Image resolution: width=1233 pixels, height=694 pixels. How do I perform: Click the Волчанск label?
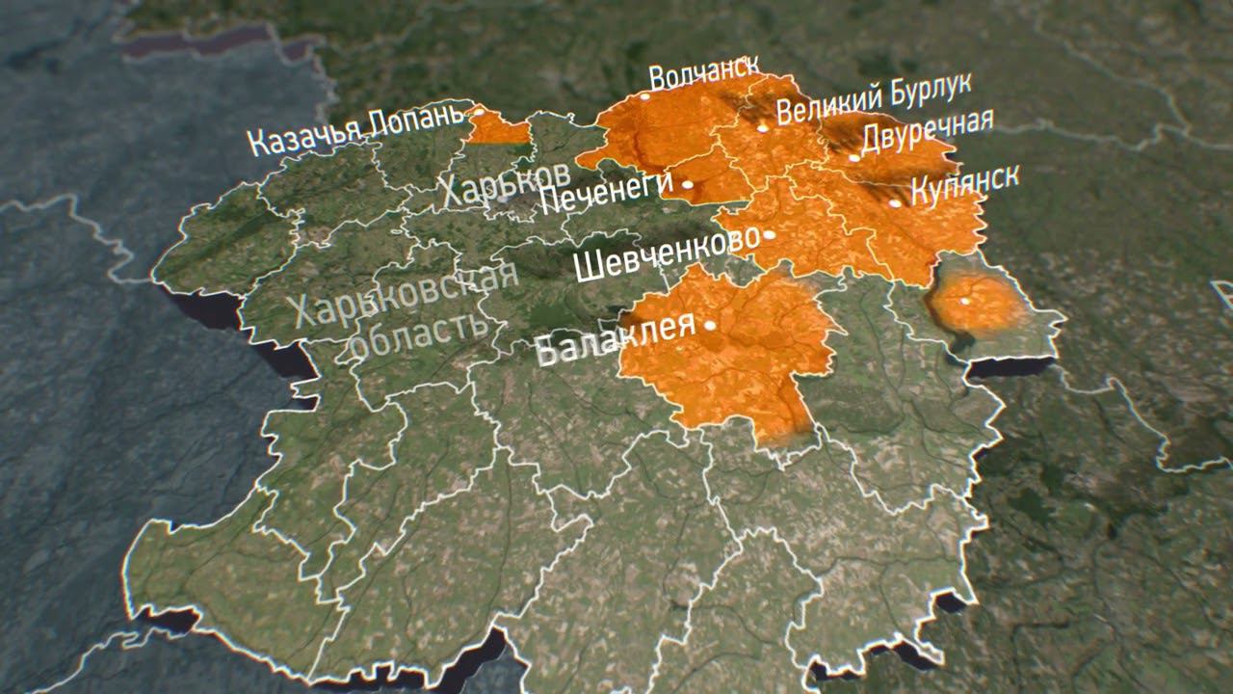tap(703, 74)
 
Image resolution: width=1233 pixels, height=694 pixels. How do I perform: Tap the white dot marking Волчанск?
tap(644, 95)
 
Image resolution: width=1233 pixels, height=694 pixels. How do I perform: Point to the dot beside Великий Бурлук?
tap(762, 127)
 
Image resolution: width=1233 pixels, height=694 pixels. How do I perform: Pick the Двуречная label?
tap(927, 133)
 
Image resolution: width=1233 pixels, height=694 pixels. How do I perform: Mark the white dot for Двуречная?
tap(853, 157)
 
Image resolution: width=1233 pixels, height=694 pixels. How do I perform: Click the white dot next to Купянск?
tap(895, 203)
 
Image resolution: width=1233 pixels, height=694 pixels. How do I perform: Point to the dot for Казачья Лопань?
tap(478, 112)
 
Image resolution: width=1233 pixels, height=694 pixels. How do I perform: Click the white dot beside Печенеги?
tap(688, 183)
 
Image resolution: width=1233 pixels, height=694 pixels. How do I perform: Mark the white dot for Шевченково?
tap(769, 234)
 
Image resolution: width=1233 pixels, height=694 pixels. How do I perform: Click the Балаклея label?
tap(614, 338)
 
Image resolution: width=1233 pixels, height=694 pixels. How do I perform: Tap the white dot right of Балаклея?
tap(710, 326)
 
